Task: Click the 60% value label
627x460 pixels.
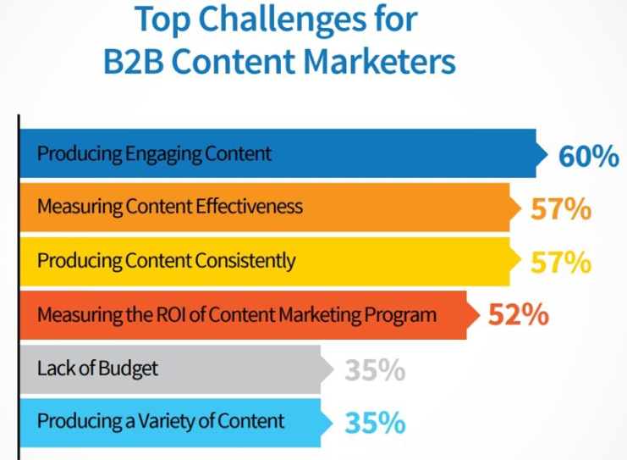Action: [x=589, y=156]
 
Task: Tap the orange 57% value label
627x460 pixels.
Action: [x=561, y=209]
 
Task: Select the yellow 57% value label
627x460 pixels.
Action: [x=561, y=263]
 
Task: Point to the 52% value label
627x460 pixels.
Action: [x=518, y=314]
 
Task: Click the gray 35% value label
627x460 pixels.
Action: [x=375, y=369]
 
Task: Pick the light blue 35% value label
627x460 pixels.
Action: [x=375, y=423]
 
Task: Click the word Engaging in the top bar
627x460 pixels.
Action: [x=162, y=154]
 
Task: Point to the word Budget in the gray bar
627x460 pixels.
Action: [x=128, y=369]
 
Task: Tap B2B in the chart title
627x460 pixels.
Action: [x=134, y=62]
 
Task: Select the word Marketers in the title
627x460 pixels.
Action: [x=379, y=62]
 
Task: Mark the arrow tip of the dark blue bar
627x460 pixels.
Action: [x=547, y=153]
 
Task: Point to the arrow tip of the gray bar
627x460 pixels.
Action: [x=333, y=369]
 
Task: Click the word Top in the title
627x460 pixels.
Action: [x=162, y=20]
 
